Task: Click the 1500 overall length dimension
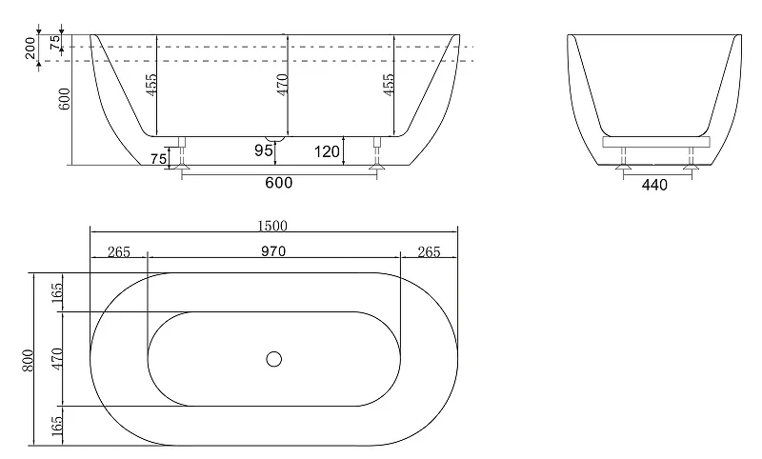[x=272, y=226]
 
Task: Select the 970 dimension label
[x=273, y=251]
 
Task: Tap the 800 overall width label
[x=29, y=360]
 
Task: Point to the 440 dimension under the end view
[x=654, y=185]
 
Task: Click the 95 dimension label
[x=264, y=150]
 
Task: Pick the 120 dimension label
[x=327, y=152]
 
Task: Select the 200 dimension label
[x=30, y=48]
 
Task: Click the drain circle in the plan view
[x=274, y=359]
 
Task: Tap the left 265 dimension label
[x=119, y=251]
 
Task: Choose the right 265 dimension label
[x=430, y=251]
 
